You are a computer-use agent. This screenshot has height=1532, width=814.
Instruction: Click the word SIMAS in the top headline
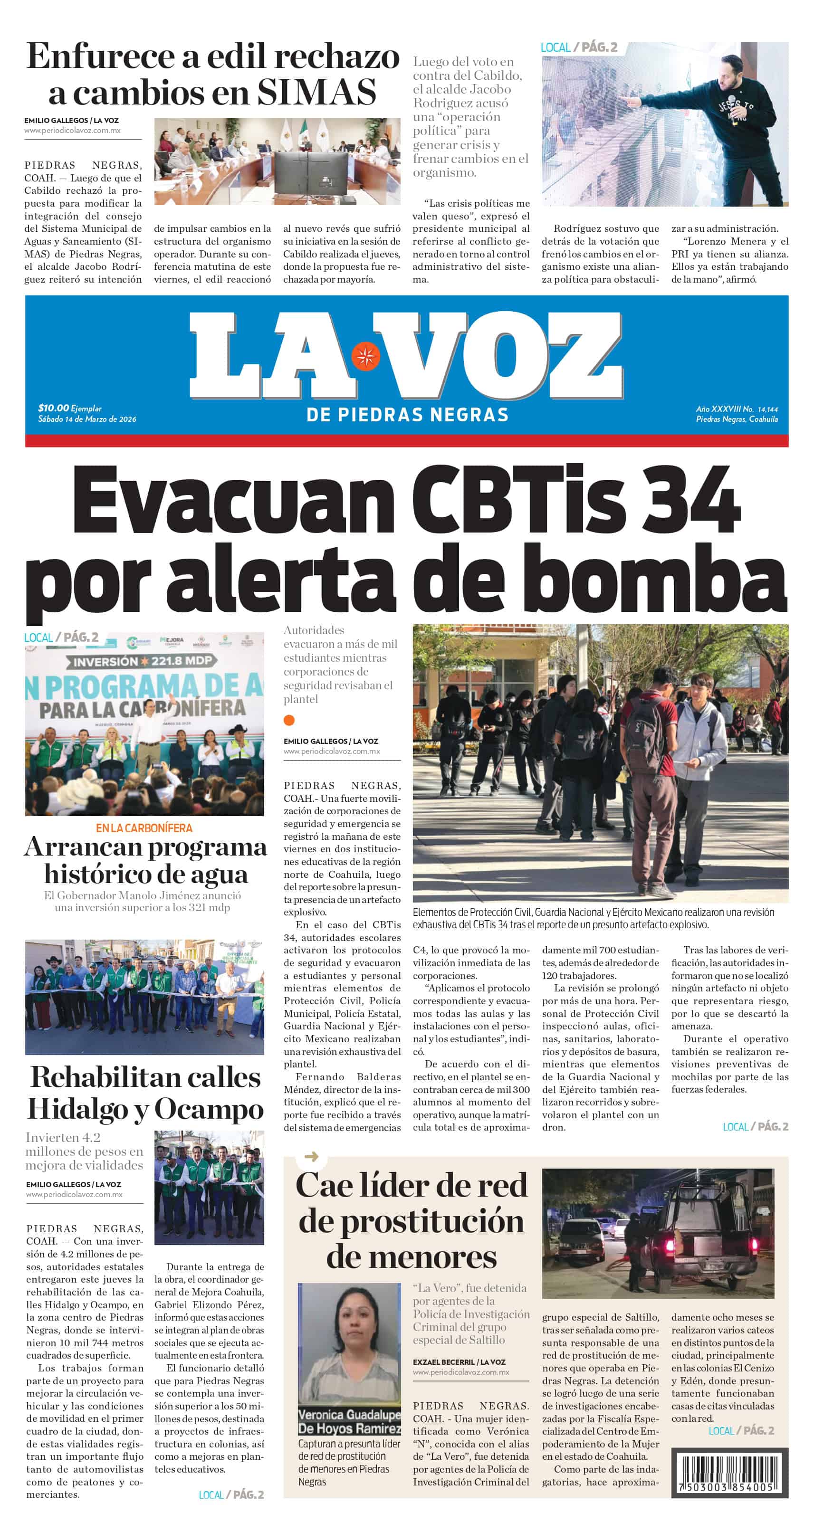316,92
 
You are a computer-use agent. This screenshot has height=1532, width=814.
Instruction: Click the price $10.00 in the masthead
54,408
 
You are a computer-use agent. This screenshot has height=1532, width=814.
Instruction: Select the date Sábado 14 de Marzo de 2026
87,419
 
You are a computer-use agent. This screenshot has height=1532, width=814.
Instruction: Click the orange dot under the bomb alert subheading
289,720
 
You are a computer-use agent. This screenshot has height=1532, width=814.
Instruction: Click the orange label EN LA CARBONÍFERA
144,828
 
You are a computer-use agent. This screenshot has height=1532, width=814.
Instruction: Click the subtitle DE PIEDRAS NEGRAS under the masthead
408,415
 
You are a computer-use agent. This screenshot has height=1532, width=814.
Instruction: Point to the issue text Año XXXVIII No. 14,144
737,409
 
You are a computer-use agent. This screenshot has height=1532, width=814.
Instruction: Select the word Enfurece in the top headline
101,57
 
